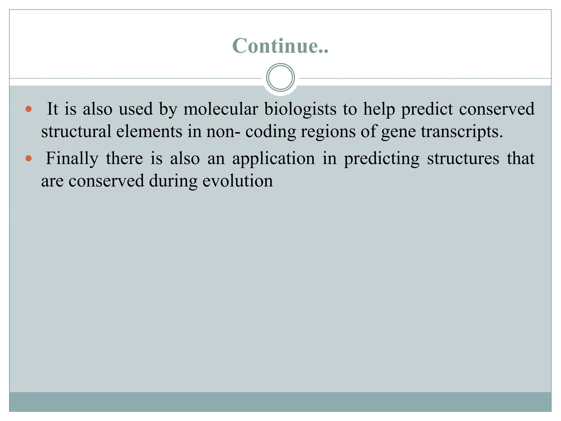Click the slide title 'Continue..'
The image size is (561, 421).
coord(280,45)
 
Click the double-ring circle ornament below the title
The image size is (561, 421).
coord(280,78)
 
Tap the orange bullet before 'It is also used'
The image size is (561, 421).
coord(28,109)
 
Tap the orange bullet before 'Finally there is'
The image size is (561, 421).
coord(28,158)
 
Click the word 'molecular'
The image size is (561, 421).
coord(221,109)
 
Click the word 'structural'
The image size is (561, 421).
coord(76,131)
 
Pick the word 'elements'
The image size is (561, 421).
coord(149,131)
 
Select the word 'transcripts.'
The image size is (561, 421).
coord(462,132)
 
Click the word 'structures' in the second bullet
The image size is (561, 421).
coord(463,159)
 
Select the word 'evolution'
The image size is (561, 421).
coord(238,181)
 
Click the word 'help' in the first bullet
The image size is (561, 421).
coord(379,109)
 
